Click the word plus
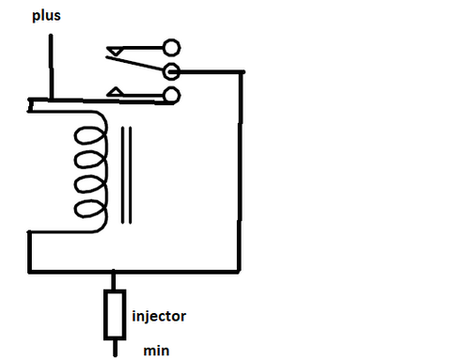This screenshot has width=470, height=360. click(x=46, y=16)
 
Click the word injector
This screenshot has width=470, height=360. click(x=159, y=317)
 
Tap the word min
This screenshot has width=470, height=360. click(x=156, y=351)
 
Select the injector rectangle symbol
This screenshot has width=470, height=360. click(x=115, y=315)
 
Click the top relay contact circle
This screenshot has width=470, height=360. click(x=171, y=48)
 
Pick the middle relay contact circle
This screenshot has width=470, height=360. click(x=171, y=71)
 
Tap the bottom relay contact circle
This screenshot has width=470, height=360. click(x=172, y=96)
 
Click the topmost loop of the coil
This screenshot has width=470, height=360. click(x=89, y=135)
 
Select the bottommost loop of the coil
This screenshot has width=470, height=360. click(x=89, y=209)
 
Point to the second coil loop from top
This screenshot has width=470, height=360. click(x=89, y=160)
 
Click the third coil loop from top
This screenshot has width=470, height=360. click(x=89, y=184)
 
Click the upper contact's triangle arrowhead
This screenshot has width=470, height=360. click(x=115, y=50)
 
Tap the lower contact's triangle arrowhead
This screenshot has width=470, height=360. click(x=116, y=91)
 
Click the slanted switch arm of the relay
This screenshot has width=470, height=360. click(x=137, y=64)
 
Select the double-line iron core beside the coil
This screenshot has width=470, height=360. click(x=126, y=175)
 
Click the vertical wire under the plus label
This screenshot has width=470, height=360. click(x=51, y=67)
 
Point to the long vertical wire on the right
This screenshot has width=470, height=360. click(x=240, y=172)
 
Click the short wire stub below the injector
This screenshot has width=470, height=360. click(x=115, y=348)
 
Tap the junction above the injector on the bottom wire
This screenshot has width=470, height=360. click(x=114, y=272)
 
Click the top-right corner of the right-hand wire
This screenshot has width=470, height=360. click(x=242, y=72)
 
